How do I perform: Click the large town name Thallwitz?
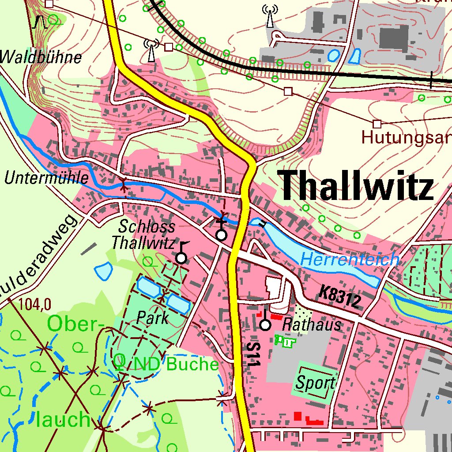click(356, 185)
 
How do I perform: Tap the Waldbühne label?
click(41, 57)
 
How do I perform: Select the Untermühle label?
click(46, 178)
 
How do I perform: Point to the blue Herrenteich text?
click(350, 260)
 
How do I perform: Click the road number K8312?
click(339, 296)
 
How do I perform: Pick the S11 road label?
click(252, 354)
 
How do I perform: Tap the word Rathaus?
click(312, 325)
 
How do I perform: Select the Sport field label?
click(315, 383)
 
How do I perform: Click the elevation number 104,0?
click(35, 304)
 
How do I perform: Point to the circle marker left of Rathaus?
click(265, 325)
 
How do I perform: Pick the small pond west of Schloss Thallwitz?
click(103, 271)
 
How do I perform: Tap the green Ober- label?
click(75, 324)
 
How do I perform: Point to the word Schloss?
click(147, 227)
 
